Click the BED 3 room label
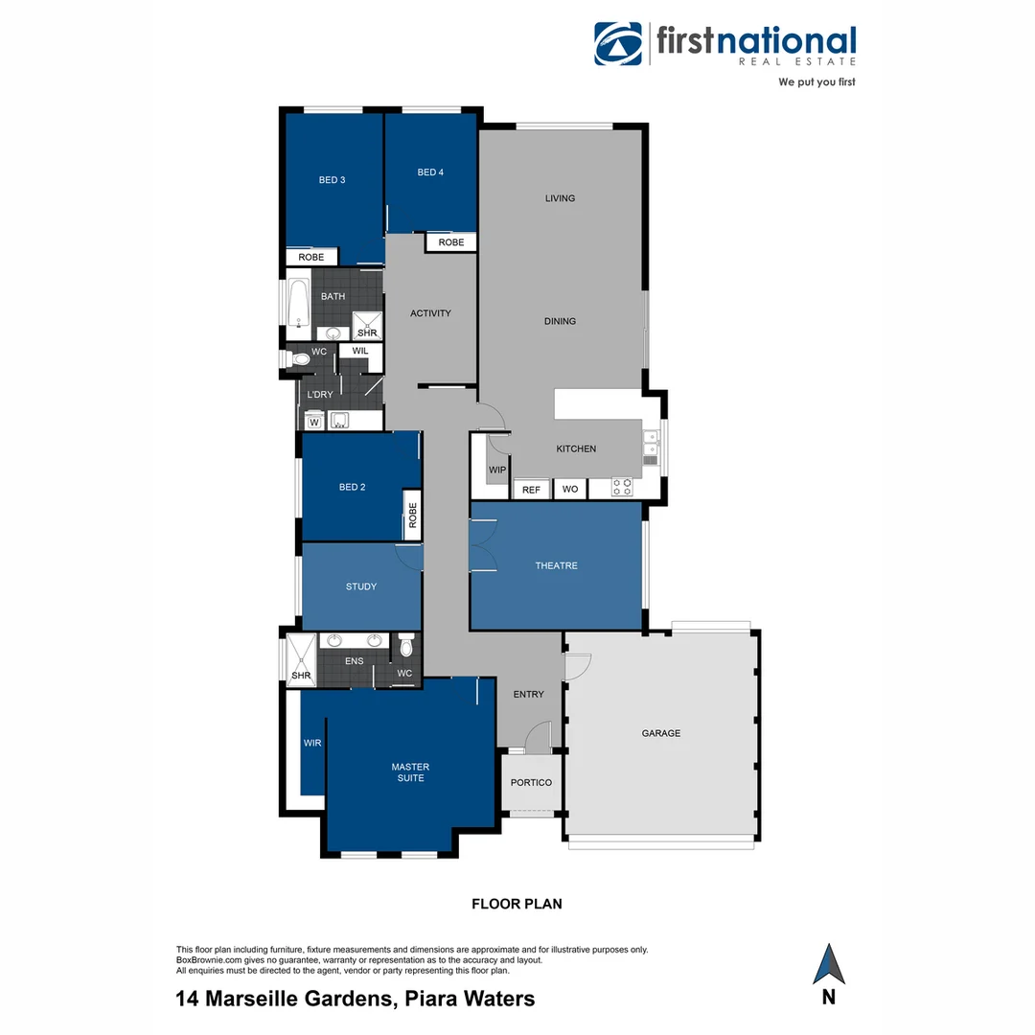[x=332, y=180]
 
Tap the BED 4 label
[x=430, y=172]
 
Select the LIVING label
[x=560, y=198]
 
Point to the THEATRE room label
[x=556, y=566]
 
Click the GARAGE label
[x=660, y=733]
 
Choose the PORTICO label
[x=531, y=783]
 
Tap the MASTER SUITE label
[x=410, y=772]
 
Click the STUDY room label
[x=361, y=586]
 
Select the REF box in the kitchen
[x=531, y=490]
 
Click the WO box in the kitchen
[x=570, y=490]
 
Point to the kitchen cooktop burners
[x=622, y=488]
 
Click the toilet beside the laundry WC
[x=298, y=359]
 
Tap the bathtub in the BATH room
[x=297, y=305]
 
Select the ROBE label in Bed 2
[x=413, y=517]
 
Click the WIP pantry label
[x=496, y=471]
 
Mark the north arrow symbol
[x=828, y=964]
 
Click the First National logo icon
[x=617, y=44]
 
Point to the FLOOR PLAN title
[x=517, y=904]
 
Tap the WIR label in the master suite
[x=312, y=743]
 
